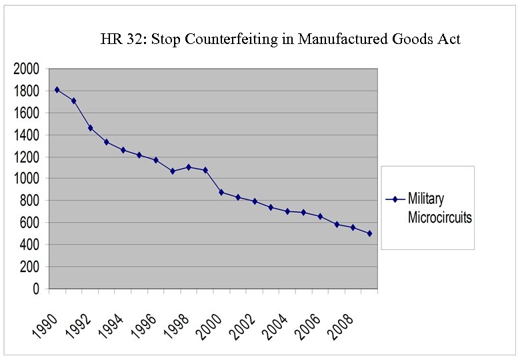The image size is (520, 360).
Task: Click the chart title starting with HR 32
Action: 280,39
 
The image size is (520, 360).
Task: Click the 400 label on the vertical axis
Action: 30,245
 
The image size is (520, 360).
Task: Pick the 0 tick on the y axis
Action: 36,289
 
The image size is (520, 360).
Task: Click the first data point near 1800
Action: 57,89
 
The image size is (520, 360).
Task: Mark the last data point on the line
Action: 369,233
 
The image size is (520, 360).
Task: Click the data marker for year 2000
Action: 221,192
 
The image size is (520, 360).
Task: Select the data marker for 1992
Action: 90,127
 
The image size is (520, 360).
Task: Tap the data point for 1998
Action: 189,167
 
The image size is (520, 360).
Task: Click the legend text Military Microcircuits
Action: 439,208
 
